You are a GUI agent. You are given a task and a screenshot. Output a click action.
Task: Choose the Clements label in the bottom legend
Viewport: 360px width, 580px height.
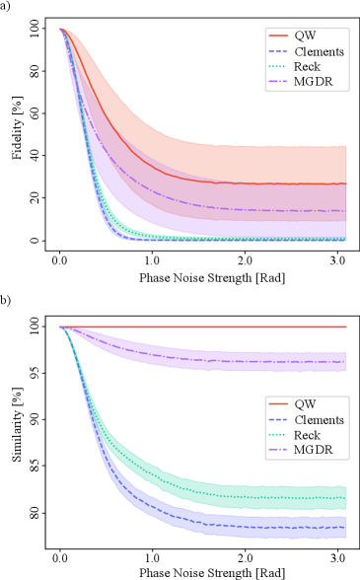coord(319,419)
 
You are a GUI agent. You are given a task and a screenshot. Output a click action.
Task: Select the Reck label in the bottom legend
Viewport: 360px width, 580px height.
coord(307,435)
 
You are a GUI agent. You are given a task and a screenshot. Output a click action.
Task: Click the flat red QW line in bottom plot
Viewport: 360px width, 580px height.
coord(197,326)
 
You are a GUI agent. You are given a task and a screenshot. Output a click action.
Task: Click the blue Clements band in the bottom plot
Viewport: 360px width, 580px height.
coord(247,523)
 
